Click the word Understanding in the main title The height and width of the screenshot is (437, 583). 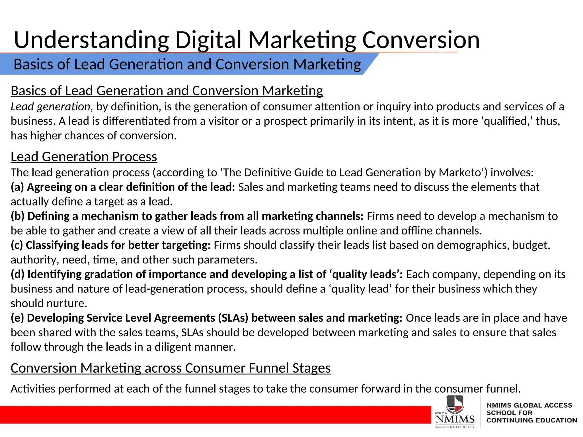click(92, 40)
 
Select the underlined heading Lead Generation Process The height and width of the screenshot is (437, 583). click(84, 157)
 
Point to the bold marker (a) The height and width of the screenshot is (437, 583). click(17, 187)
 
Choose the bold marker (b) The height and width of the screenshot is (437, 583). click(18, 216)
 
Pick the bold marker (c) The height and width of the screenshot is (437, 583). click(17, 245)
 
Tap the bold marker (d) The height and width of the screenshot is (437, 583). click(18, 274)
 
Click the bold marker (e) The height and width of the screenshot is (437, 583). click(17, 318)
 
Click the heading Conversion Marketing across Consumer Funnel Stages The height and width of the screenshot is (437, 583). click(171, 368)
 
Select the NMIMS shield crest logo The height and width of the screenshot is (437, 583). click(455, 404)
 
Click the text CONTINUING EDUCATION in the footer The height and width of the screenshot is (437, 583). click(532, 420)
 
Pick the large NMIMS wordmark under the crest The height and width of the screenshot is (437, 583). click(455, 419)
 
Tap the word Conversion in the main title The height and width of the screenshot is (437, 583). click(421, 40)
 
